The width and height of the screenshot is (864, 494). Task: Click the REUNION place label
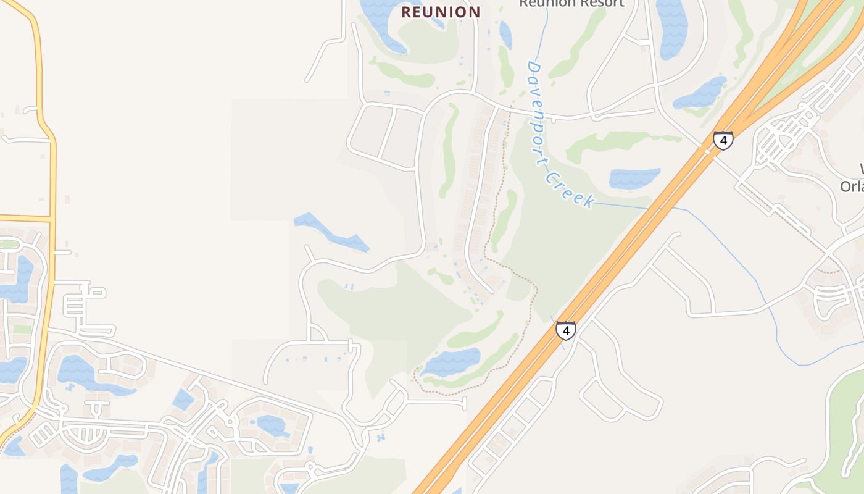441,12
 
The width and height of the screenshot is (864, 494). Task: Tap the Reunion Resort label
571,4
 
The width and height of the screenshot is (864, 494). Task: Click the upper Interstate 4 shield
723,141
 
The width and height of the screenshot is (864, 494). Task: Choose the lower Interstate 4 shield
565,330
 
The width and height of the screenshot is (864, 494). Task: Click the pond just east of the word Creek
634,178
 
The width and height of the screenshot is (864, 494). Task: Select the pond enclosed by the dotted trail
453,362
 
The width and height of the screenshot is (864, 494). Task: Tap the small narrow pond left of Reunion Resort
505,34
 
